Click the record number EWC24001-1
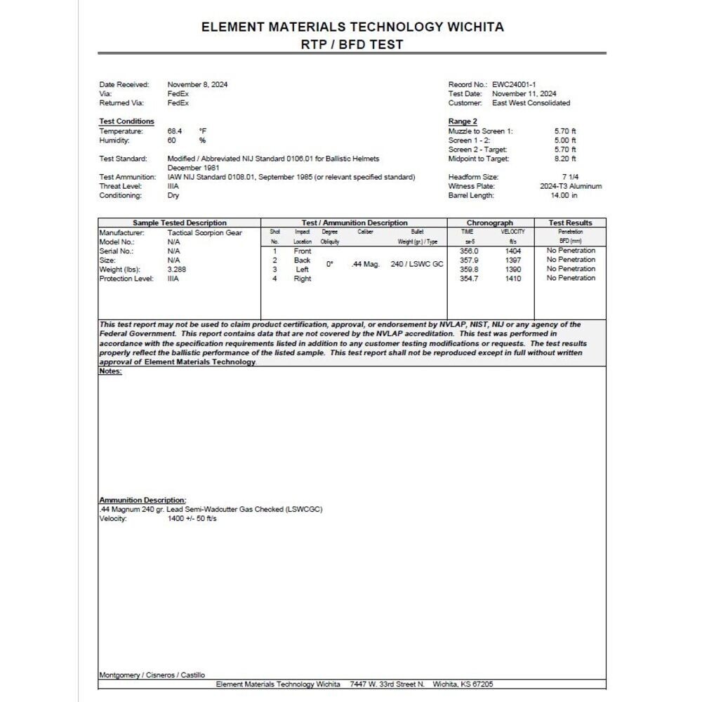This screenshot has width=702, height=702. pyautogui.click(x=515, y=84)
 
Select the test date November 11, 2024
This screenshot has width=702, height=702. pyautogui.click(x=524, y=93)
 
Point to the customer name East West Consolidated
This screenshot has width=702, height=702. pyautogui.click(x=531, y=102)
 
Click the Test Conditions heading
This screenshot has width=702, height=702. pyautogui.click(x=126, y=121)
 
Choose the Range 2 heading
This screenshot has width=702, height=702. pyautogui.click(x=463, y=121)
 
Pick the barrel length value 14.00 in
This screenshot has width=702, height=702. pyautogui.click(x=564, y=195)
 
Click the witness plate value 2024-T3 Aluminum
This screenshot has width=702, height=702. pyautogui.click(x=570, y=186)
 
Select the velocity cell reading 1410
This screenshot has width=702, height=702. pyautogui.click(x=513, y=278)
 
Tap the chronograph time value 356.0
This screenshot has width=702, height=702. pyautogui.click(x=468, y=251)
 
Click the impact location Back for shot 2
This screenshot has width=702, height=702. pyautogui.click(x=302, y=260)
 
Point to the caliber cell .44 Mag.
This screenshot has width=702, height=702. pyautogui.click(x=365, y=265)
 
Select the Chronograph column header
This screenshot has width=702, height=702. pyautogui.click(x=490, y=223)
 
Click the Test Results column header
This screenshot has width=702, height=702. pyautogui.click(x=570, y=223)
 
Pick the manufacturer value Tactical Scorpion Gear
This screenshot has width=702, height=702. pyautogui.click(x=204, y=232)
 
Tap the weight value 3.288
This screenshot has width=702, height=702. pyautogui.click(x=177, y=269)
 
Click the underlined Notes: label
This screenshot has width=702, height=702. pyautogui.click(x=110, y=371)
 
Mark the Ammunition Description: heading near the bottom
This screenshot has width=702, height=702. pyautogui.click(x=143, y=500)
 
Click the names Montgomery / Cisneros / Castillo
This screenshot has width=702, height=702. pyautogui.click(x=152, y=675)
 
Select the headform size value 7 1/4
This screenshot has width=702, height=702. pyautogui.click(x=570, y=177)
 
